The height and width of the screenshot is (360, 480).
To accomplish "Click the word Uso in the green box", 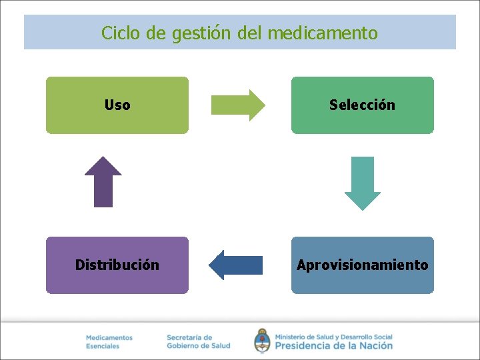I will pyautogui.click(x=117, y=105).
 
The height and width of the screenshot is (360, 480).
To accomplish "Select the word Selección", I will pyautogui.click(x=362, y=105).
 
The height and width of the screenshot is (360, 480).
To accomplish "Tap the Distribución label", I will pyautogui.click(x=117, y=265).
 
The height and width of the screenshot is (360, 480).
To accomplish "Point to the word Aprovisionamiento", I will pyautogui.click(x=362, y=265).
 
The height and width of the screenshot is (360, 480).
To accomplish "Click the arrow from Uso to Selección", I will pyautogui.click(x=238, y=105).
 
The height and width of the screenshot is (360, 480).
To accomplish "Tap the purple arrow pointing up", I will pyautogui.click(x=103, y=181).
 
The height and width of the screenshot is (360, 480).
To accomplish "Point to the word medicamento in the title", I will pyautogui.click(x=323, y=33).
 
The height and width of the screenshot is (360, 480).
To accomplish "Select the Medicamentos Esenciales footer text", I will pyautogui.click(x=109, y=342).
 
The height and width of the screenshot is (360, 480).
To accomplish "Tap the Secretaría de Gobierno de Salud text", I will pyautogui.click(x=198, y=342).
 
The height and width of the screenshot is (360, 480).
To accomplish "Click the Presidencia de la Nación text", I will pyautogui.click(x=333, y=346).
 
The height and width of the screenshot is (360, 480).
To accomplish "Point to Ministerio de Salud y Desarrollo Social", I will pyautogui.click(x=333, y=337).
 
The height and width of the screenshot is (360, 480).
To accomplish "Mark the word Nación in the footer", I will pyautogui.click(x=375, y=346).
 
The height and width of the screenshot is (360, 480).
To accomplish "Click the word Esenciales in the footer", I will pyautogui.click(x=103, y=347).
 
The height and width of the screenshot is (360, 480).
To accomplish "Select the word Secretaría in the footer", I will pyautogui.click(x=189, y=338).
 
